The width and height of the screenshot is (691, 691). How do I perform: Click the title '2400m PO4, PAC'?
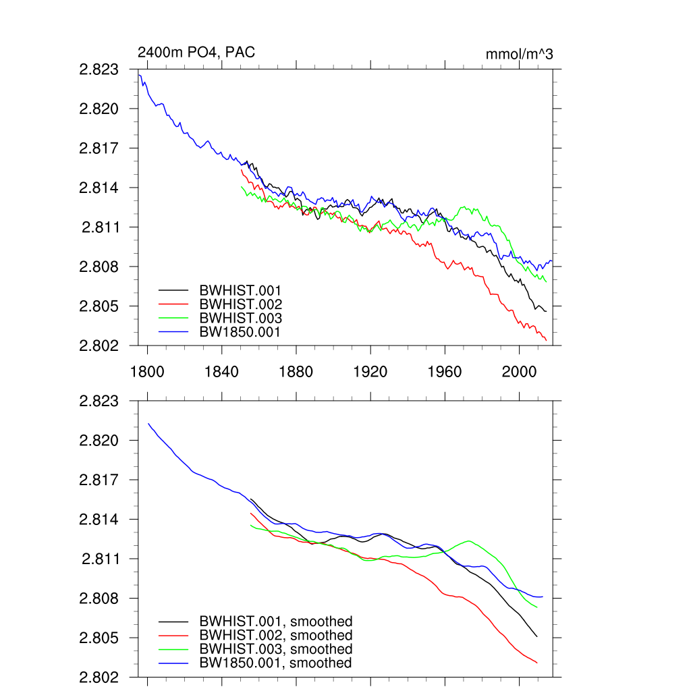tap(196, 53)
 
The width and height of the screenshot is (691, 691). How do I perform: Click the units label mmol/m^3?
tap(519, 54)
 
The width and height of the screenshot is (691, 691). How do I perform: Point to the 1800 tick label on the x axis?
tap(146, 370)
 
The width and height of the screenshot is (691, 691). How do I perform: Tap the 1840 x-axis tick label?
tap(221, 370)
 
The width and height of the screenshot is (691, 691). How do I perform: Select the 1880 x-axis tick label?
tap(296, 370)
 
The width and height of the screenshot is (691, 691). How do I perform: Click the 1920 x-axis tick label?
tap(370, 370)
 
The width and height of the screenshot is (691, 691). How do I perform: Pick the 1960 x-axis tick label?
tap(445, 370)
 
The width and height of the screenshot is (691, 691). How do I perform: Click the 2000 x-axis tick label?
tap(519, 370)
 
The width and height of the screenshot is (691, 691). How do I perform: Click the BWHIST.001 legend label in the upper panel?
tap(240, 290)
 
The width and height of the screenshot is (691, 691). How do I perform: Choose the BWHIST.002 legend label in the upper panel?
tap(240, 304)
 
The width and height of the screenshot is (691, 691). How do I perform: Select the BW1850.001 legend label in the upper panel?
tap(240, 332)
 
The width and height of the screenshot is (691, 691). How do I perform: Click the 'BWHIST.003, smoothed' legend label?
tap(275, 649)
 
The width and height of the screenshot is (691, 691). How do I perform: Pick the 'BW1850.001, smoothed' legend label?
tap(275, 663)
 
